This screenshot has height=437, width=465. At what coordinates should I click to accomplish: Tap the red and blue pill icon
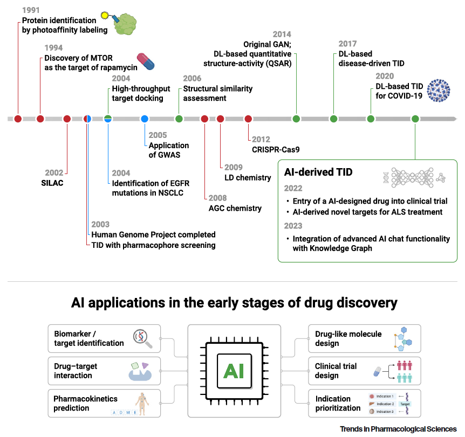coord(146,61)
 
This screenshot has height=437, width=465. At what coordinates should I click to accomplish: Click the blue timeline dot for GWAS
coord(145,119)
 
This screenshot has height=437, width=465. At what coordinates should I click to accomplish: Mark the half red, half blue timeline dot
coord(87,119)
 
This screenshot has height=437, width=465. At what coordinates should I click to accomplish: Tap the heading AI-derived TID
coord(318,172)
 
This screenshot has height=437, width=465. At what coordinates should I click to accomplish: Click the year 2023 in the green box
coord(293,226)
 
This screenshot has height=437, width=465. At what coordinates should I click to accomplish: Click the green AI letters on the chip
coord(234,371)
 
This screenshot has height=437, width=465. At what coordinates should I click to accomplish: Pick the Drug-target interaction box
coord(104,371)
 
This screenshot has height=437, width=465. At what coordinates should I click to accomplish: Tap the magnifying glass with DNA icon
coord(143,338)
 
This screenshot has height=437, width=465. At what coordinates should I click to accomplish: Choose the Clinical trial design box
coord(364,371)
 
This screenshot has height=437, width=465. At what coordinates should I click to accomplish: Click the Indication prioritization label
coord(338,403)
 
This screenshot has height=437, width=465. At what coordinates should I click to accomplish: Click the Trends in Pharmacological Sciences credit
coord(398,429)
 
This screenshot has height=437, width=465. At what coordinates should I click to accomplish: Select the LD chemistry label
coord(248,177)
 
